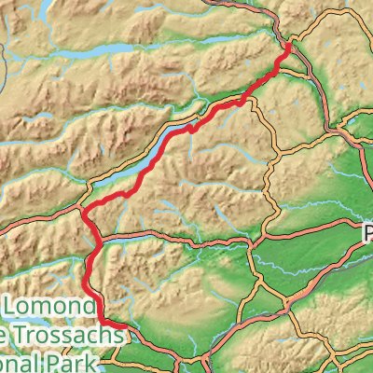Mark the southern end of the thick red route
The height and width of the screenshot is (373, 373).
coord(122,327)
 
